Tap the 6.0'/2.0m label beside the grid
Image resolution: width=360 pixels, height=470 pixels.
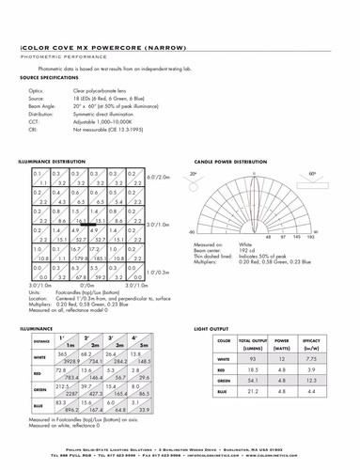158,177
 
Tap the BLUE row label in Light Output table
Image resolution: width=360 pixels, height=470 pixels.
223,391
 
